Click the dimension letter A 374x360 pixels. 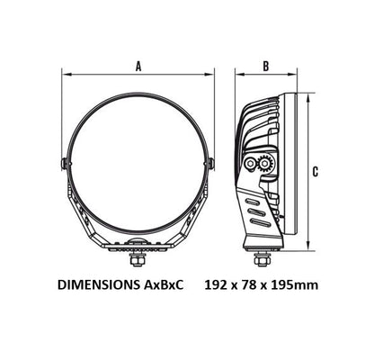pos(138,67)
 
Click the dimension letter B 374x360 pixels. pos(266,67)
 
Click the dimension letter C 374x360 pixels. pos(316,172)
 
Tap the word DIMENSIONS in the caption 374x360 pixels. pos(99,284)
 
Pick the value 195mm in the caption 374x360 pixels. pos(294,284)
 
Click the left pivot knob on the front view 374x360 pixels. pos(64,164)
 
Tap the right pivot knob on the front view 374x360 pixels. pos(211,164)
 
